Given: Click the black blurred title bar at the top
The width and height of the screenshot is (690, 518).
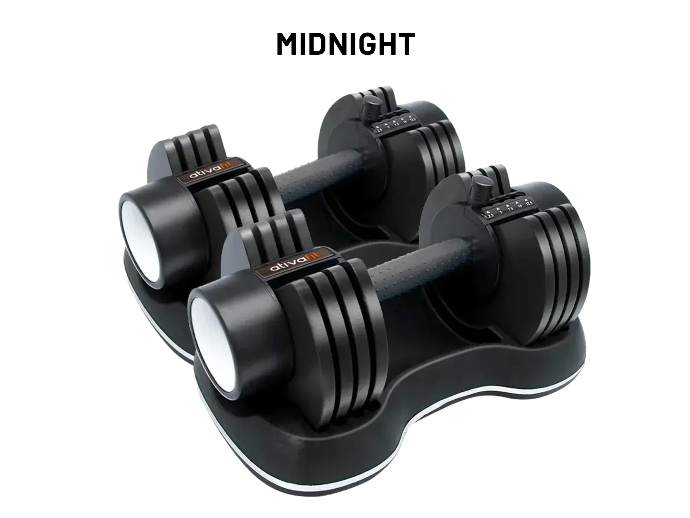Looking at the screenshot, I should click(345, 43).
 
